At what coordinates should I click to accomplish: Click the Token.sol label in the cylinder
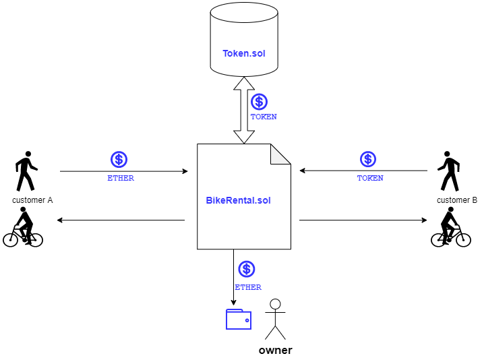coord(244,53)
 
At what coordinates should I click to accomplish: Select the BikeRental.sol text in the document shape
coord(238,200)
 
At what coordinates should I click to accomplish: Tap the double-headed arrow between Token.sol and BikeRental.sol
coord(244,111)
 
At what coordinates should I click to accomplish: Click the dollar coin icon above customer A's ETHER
coord(119,160)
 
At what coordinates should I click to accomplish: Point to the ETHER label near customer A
coord(121,178)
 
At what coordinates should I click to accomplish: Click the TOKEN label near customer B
coord(370,178)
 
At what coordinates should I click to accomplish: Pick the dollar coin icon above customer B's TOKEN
coord(368,159)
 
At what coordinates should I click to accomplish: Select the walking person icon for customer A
coord(26,171)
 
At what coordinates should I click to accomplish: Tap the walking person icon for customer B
coord(449,171)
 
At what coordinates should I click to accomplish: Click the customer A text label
coord(32,200)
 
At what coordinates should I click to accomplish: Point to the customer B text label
coord(457,200)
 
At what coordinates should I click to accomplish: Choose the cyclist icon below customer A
coord(23,227)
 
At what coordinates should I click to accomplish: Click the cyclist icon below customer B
coord(450,227)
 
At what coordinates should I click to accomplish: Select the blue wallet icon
coord(239,319)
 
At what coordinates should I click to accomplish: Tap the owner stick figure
coord(275,319)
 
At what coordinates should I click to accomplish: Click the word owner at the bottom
coord(276,350)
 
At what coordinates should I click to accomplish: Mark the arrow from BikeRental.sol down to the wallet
coord(234,277)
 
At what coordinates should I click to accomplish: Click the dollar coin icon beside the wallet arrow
coord(247,269)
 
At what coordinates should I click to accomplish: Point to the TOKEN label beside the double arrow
coord(264,117)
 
